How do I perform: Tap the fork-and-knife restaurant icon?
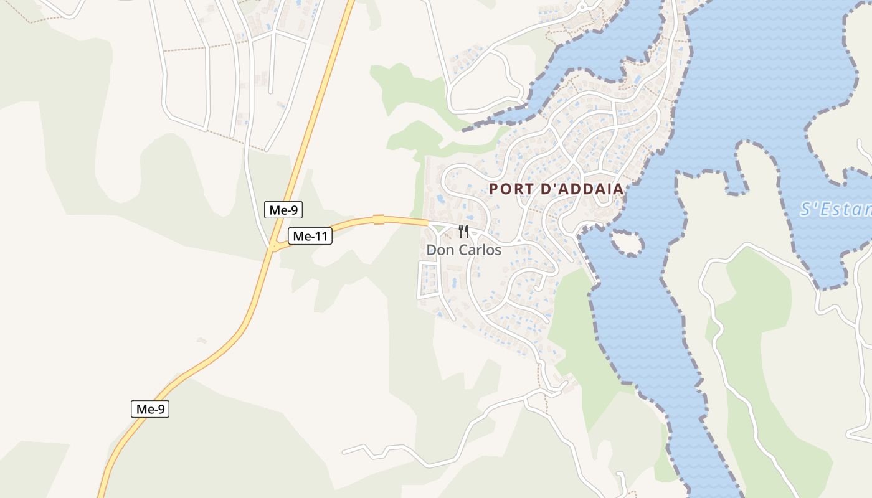coord(463,232)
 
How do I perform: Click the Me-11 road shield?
coord(310,236)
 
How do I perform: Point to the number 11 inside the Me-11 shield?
coord(319,236)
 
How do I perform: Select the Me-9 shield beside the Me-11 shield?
coord(283,210)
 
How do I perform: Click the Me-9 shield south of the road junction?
coord(149,409)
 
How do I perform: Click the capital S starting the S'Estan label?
coord(806,209)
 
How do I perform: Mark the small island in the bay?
coord(627,243)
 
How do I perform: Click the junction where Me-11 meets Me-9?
coord(273,247)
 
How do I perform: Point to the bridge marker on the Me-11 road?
coord(378,219)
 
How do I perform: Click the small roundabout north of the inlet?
coord(582,7)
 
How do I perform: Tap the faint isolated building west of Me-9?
coord(201,341)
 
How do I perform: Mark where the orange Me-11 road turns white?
coord(429,222)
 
